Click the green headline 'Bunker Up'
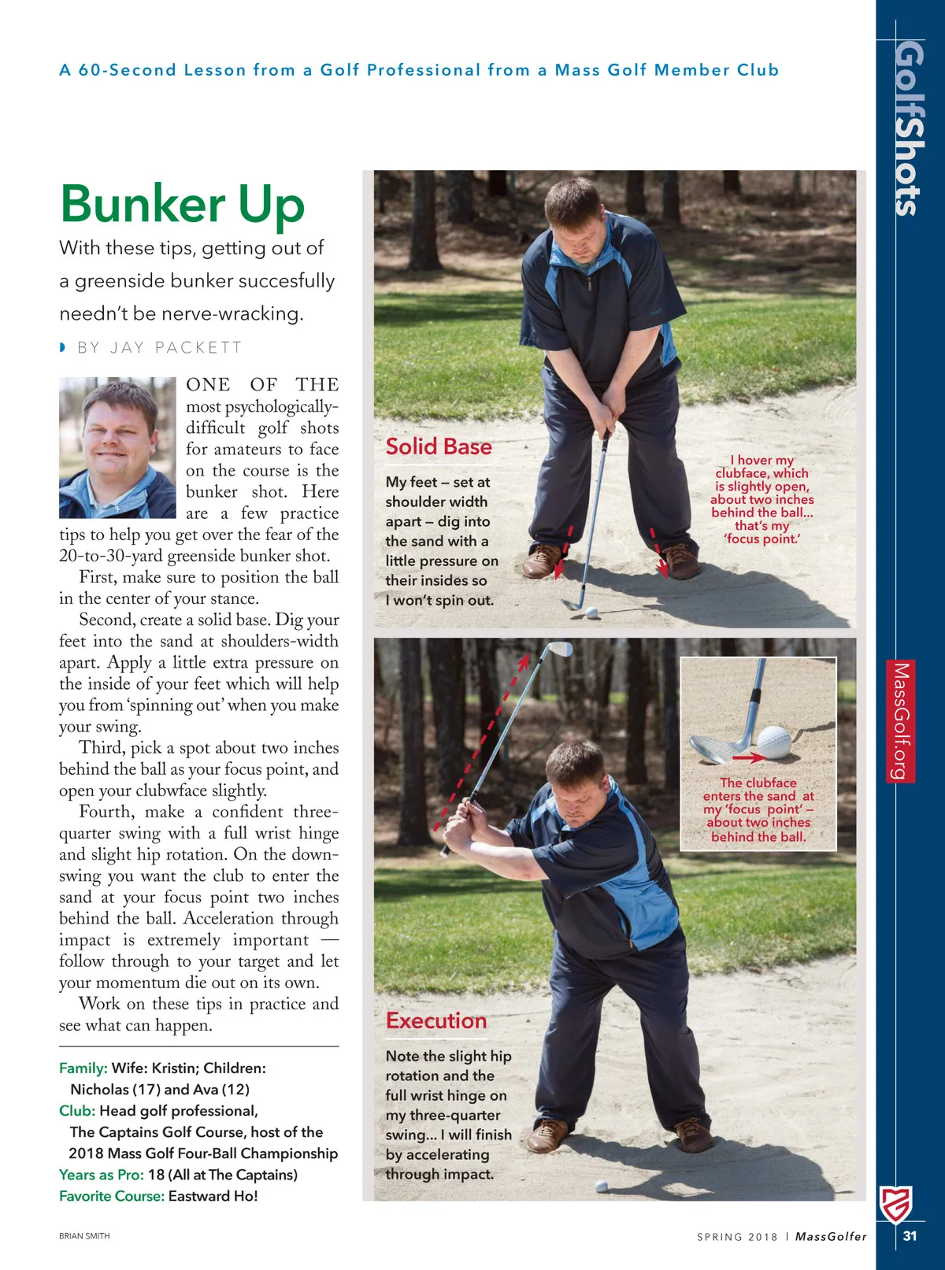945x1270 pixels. click(x=182, y=204)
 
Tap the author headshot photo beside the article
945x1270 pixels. click(x=117, y=447)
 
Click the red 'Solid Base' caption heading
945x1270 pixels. click(x=439, y=447)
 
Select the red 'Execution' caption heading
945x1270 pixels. click(x=436, y=1021)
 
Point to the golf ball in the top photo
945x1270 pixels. click(x=592, y=612)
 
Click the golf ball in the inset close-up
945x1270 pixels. click(x=773, y=742)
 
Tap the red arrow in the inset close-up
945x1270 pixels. click(x=748, y=758)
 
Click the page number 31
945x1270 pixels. click(x=910, y=1236)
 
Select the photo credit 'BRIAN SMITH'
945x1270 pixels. click(x=84, y=1236)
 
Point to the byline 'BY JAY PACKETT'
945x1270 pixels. click(x=159, y=348)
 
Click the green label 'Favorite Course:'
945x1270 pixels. click(x=112, y=1196)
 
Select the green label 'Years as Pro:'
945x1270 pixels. click(x=102, y=1175)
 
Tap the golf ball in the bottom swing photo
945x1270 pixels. click(x=602, y=1186)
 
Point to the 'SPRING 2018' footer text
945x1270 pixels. click(x=737, y=1237)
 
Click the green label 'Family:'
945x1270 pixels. click(x=83, y=1068)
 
